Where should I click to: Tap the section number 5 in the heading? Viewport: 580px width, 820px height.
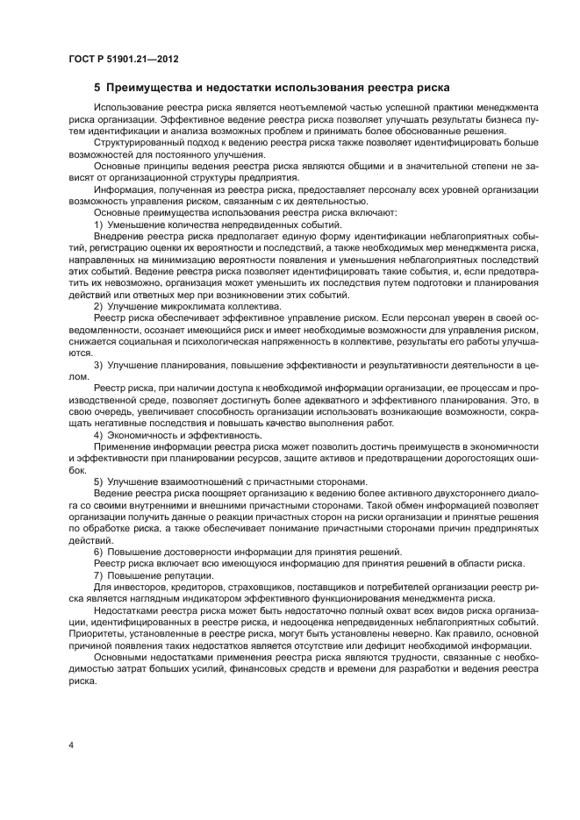tap(97, 88)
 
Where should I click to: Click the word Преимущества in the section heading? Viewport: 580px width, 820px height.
tap(151, 88)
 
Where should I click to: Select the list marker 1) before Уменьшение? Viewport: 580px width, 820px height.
tap(99, 225)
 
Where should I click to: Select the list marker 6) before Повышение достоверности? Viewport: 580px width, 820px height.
tap(99, 550)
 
